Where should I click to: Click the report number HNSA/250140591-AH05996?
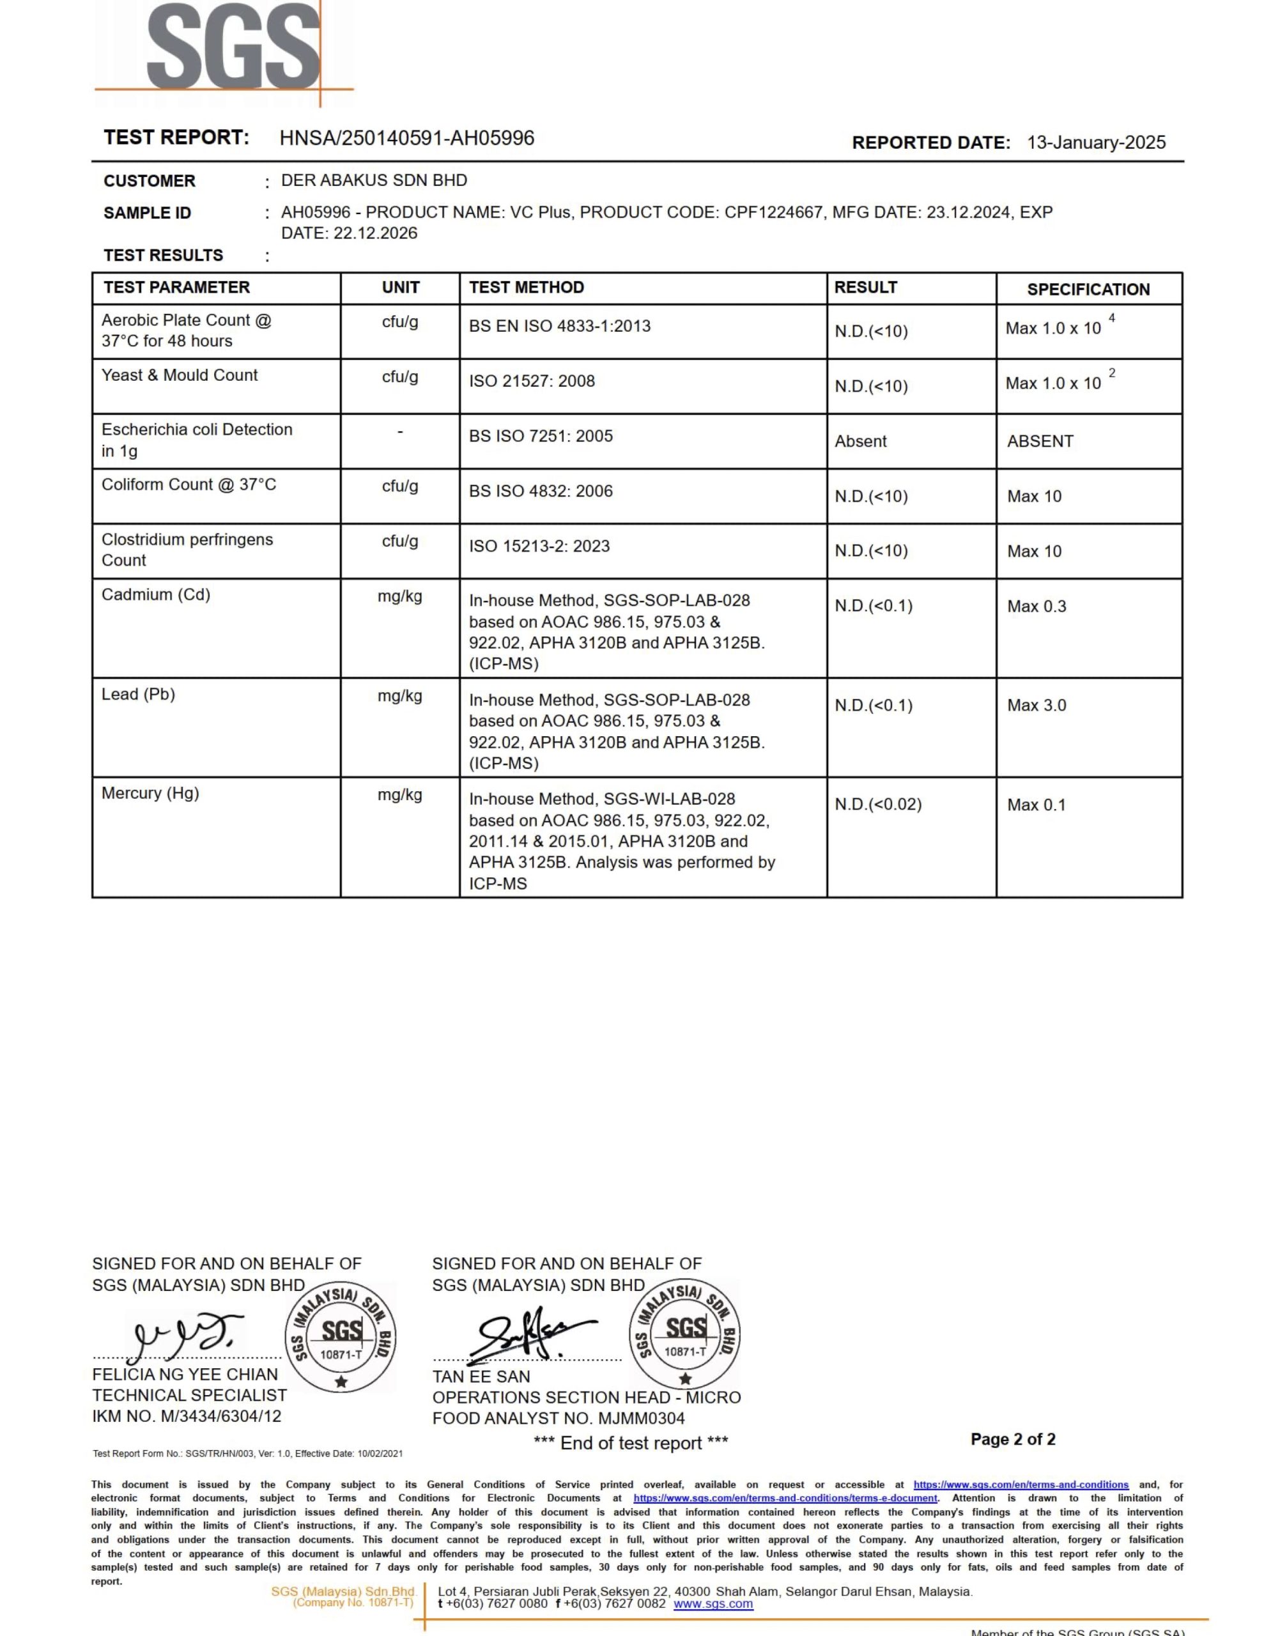click(x=407, y=139)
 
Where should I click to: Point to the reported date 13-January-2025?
click(x=1095, y=143)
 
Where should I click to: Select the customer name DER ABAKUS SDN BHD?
click(x=374, y=180)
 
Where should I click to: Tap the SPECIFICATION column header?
click(x=1087, y=289)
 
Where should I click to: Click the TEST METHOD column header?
click(x=526, y=288)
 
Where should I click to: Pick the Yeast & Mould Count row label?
click(x=179, y=375)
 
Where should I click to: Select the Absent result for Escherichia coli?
click(x=860, y=441)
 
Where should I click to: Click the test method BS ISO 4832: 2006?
click(x=540, y=491)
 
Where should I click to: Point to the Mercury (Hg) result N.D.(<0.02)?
click(x=877, y=805)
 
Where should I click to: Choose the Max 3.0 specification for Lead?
click(x=1037, y=706)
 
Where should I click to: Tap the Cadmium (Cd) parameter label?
click(x=156, y=595)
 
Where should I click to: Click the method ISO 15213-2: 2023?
click(x=539, y=546)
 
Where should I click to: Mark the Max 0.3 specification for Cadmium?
click(x=1037, y=606)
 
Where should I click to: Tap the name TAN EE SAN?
click(x=481, y=1377)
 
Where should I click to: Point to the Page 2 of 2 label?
click(x=1012, y=1439)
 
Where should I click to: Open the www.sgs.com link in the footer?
click(x=713, y=1604)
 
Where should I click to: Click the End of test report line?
click(x=630, y=1443)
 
